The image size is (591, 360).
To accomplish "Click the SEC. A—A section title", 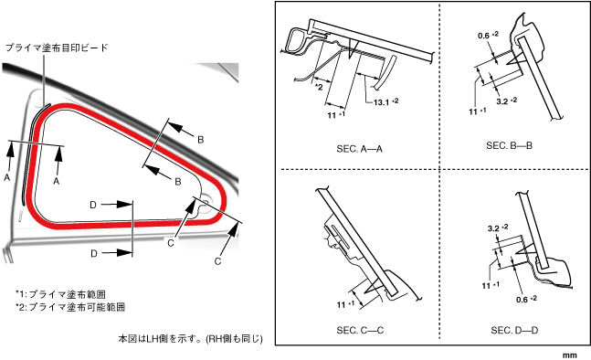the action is [x=359, y=149].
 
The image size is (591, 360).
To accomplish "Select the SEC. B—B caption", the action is [x=509, y=145].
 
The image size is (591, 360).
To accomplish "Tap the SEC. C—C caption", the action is [x=360, y=330].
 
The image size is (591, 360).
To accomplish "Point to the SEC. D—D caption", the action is [x=514, y=330].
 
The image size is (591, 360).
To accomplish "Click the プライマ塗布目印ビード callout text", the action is [x=57, y=48].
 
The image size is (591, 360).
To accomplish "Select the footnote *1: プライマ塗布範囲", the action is [x=60, y=294].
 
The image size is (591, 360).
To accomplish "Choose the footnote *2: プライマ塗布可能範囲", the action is [x=70, y=307].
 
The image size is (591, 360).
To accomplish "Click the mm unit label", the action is [x=569, y=355].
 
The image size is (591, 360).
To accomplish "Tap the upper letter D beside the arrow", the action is [x=93, y=205].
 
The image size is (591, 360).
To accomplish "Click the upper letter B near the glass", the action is [x=201, y=140].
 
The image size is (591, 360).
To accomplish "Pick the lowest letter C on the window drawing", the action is [x=217, y=260].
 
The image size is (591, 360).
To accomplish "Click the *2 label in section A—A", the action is [x=319, y=87].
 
